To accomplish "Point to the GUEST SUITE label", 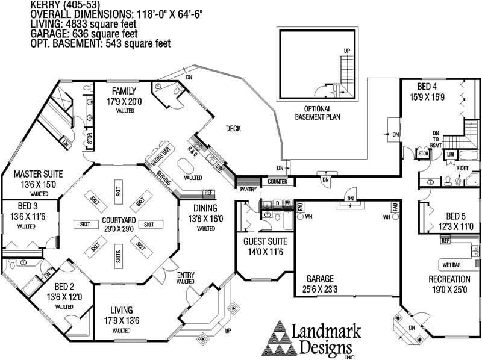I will (263, 242).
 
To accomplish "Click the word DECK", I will (234, 128).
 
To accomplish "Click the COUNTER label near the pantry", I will (278, 181).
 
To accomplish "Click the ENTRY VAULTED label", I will (185, 278).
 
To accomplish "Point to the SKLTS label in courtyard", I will (117, 257).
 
